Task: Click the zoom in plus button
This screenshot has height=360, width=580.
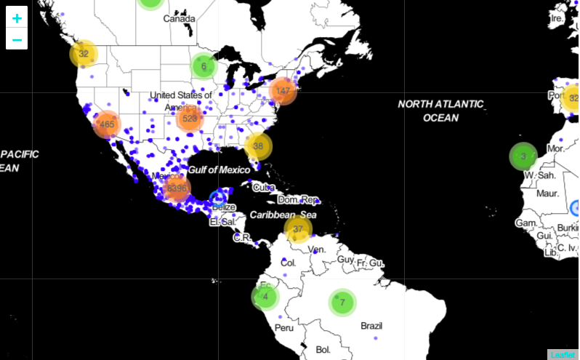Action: click(17, 17)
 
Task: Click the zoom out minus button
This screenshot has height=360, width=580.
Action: click(17, 39)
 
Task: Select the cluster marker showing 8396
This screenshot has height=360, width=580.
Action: click(177, 188)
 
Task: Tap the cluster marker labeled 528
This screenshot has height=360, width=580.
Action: click(190, 119)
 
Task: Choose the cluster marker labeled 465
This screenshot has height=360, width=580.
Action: click(107, 124)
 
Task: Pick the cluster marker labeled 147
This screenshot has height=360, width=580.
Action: click(283, 91)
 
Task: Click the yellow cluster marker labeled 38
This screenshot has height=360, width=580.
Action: click(257, 146)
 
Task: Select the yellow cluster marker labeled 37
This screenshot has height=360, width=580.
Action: click(297, 229)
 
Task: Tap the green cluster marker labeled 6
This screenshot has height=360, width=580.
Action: click(204, 66)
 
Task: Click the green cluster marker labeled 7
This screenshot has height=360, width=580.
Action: click(342, 301)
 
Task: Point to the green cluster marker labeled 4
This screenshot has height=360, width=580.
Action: click(265, 297)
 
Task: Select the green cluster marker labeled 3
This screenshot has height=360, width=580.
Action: click(523, 156)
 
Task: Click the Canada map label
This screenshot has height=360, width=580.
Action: click(179, 18)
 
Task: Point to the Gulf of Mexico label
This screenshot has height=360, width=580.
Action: click(219, 169)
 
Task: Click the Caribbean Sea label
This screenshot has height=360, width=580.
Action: click(283, 215)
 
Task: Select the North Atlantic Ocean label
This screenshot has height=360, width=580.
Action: click(440, 111)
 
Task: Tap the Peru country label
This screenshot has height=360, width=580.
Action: click(284, 327)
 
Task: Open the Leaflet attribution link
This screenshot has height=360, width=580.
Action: click(563, 354)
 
